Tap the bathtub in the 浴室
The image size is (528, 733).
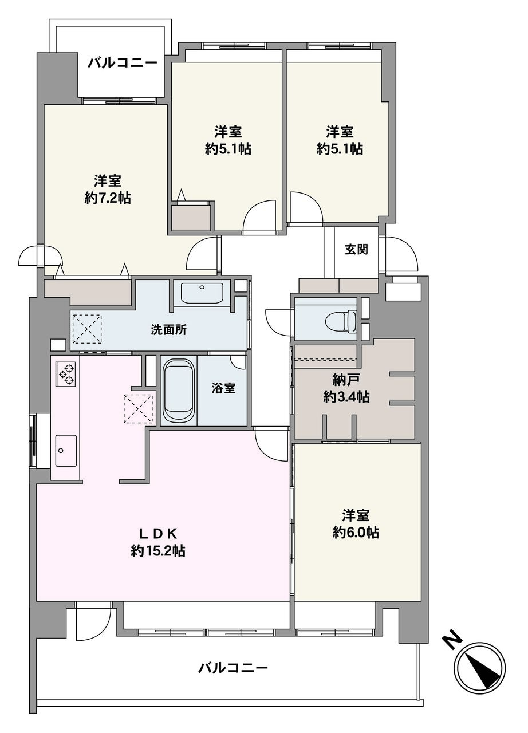click(x=179, y=391)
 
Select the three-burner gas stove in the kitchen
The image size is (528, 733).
click(x=66, y=373)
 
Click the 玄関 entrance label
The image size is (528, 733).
click(x=356, y=250)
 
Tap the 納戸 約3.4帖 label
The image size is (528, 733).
click(x=347, y=389)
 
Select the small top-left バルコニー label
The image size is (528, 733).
click(x=123, y=62)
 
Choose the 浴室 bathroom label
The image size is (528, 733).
click(x=223, y=388)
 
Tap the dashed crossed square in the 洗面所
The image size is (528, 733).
click(x=87, y=329)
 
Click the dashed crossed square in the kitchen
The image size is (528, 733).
click(x=138, y=409)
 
